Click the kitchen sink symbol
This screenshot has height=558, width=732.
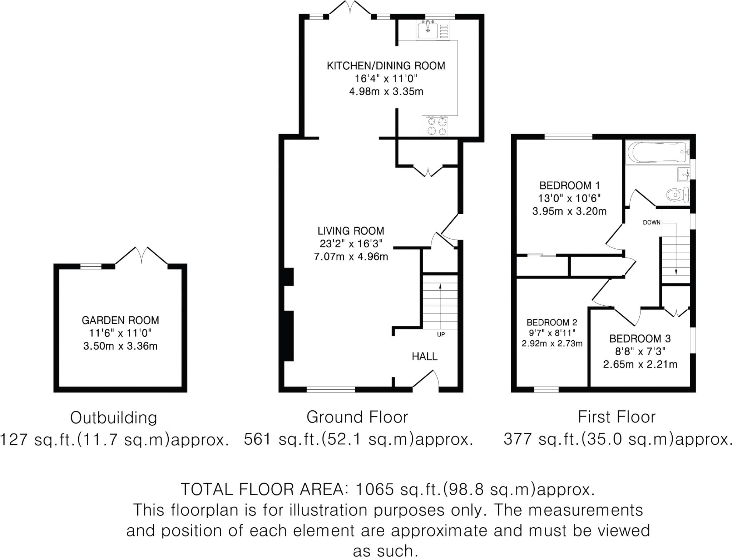(x=428, y=30)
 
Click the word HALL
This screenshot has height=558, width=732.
(x=425, y=356)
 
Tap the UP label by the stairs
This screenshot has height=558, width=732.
(x=441, y=335)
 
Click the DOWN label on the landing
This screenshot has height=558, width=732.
(x=652, y=222)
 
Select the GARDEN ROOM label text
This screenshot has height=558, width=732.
(x=120, y=320)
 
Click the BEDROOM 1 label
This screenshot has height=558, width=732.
(x=569, y=186)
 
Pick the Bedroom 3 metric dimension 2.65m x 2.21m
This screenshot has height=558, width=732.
(x=640, y=365)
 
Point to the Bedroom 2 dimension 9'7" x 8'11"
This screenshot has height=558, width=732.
(x=552, y=333)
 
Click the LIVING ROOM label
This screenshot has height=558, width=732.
(x=351, y=231)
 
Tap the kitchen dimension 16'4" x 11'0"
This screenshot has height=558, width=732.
(x=386, y=79)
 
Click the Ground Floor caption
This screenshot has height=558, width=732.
(x=357, y=417)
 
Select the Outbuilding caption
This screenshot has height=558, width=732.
(x=114, y=418)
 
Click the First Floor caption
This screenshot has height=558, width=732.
(x=617, y=417)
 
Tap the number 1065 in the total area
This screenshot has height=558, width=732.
(x=375, y=489)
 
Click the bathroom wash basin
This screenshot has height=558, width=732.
(x=683, y=175)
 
